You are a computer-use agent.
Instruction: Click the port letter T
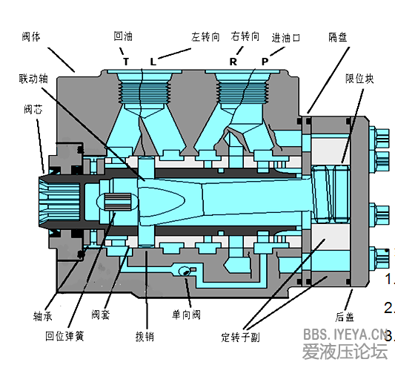coord(126,62)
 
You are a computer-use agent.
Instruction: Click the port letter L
coord(153,62)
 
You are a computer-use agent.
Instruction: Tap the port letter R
coord(233,62)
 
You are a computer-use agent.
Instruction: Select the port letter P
coord(265,62)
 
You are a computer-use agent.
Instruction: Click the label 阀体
coord(31,37)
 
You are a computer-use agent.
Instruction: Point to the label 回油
coord(123,36)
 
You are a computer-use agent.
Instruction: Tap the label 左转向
coord(205,37)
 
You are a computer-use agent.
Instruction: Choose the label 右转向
coord(245,36)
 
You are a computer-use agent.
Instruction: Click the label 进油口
coord(285,38)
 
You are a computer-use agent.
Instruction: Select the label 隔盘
coord(338,37)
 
